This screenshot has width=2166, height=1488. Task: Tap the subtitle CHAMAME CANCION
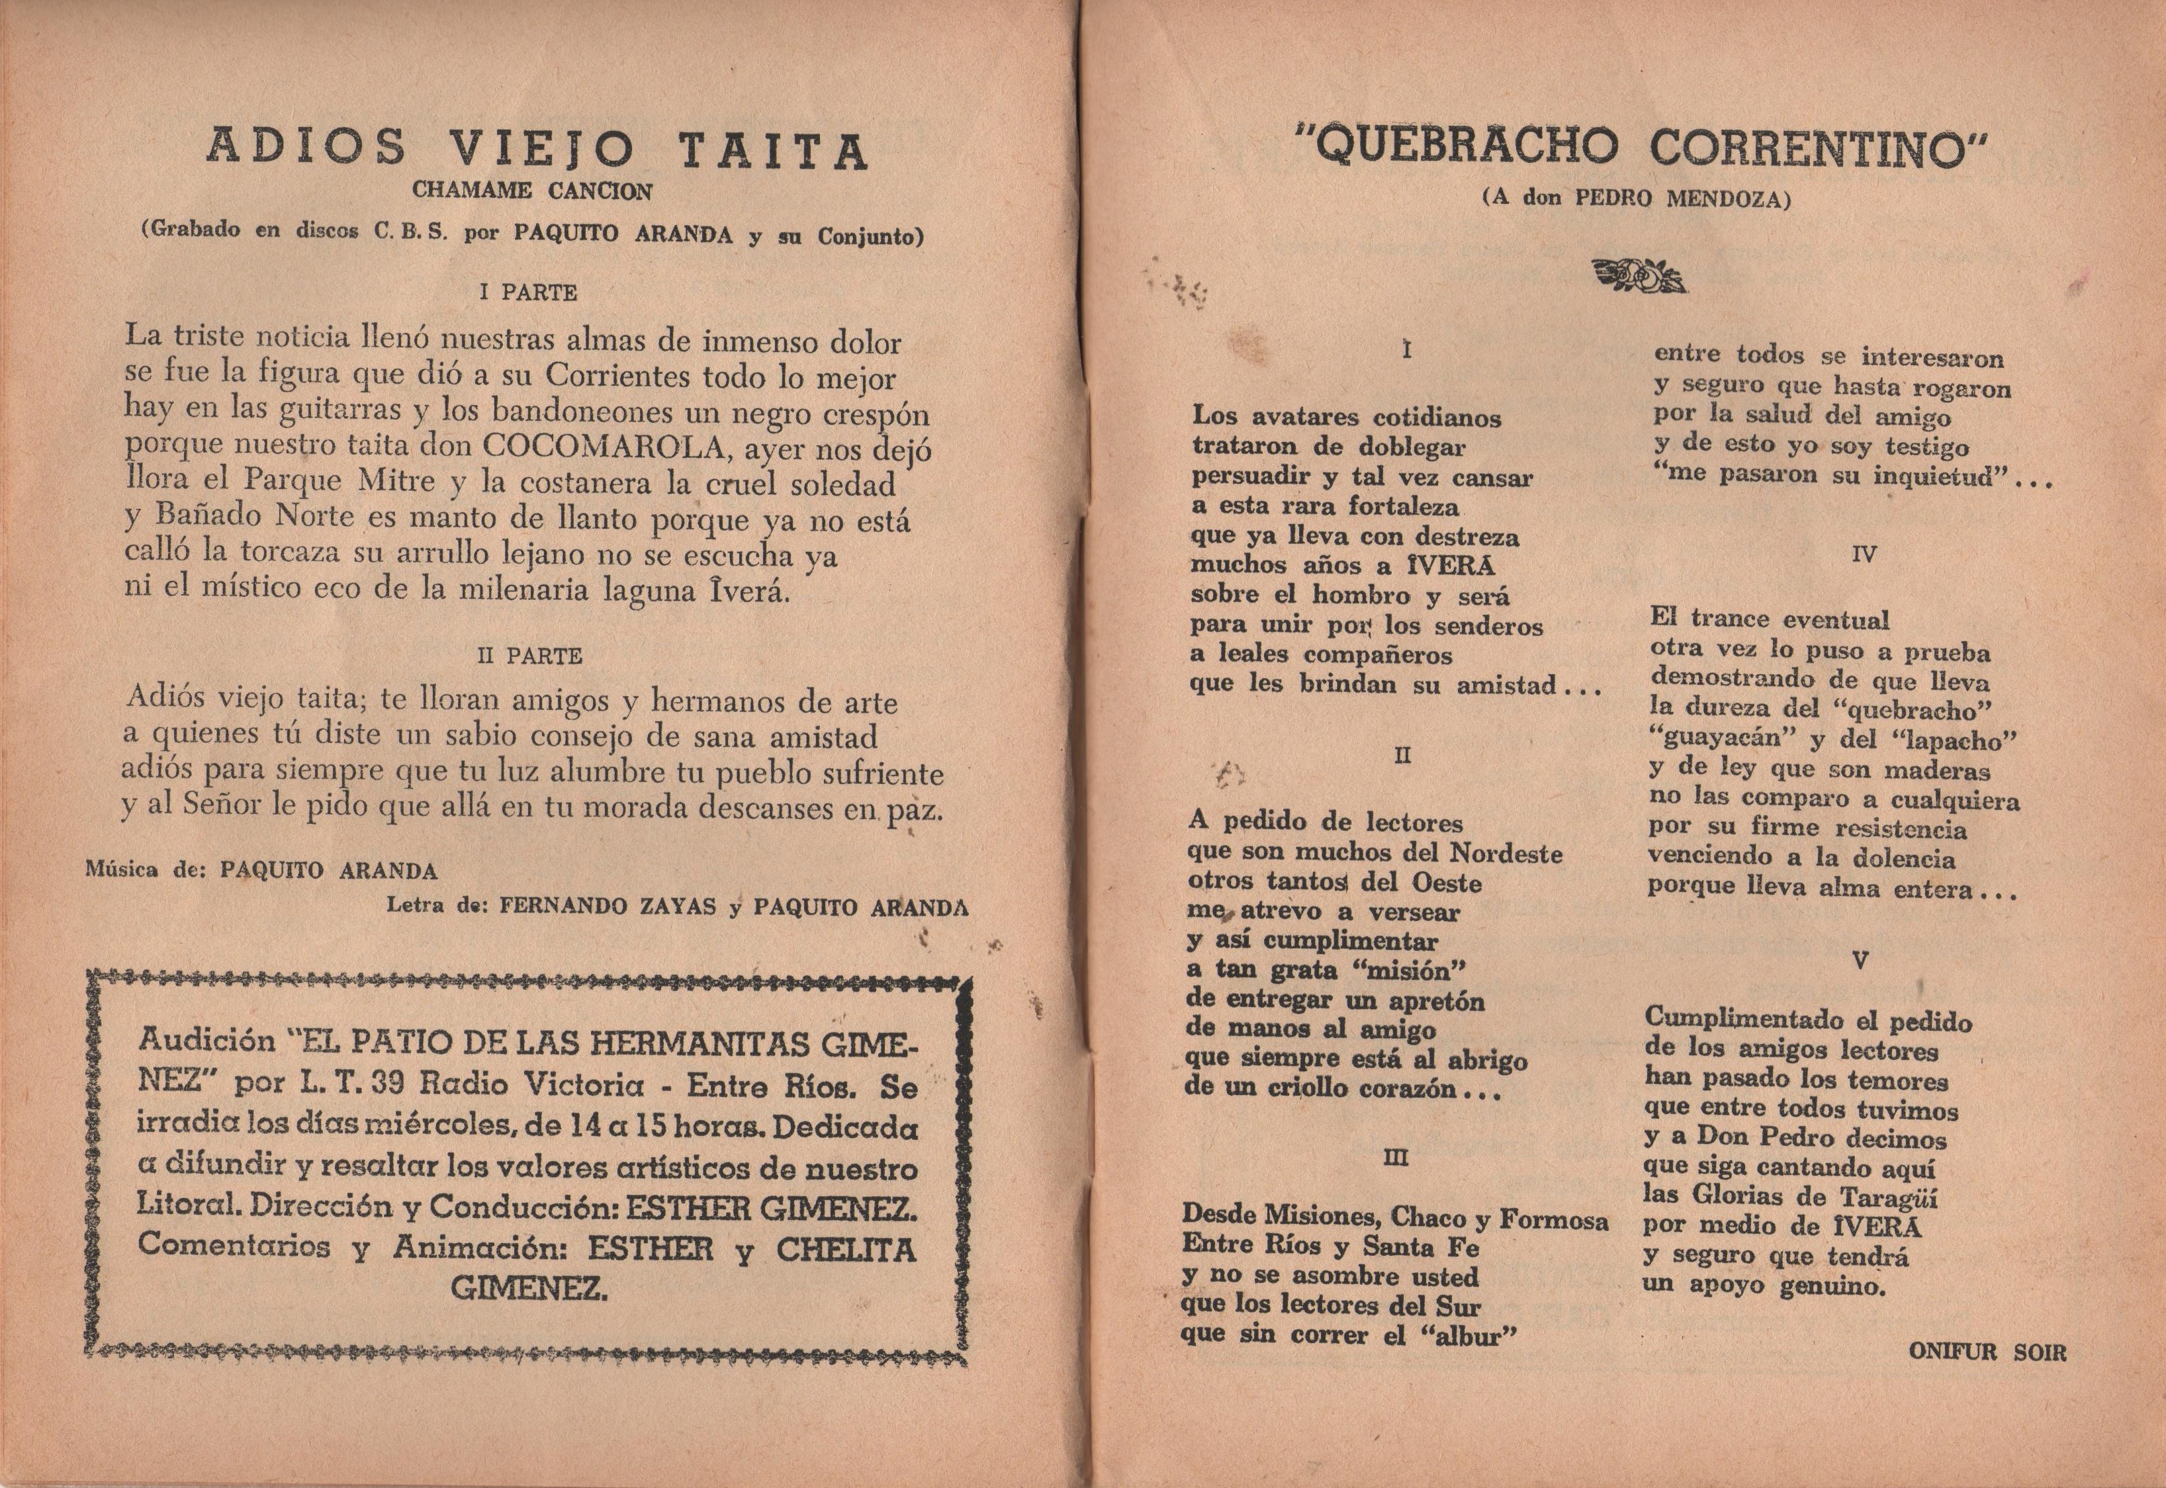(x=533, y=191)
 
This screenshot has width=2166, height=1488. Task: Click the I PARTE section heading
(x=527, y=292)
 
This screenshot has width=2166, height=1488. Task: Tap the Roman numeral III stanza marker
(x=1396, y=1157)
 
